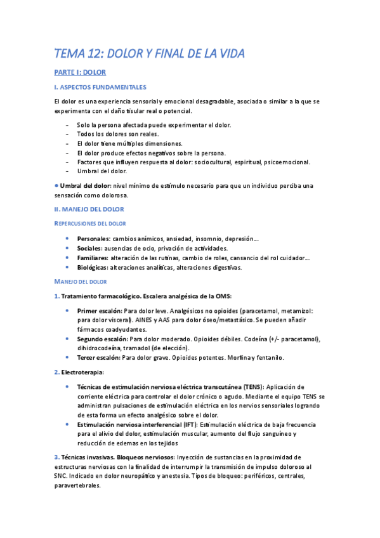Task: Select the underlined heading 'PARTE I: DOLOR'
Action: coord(80,72)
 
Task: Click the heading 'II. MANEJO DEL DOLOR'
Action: coord(89,209)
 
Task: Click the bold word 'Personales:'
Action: coord(94,239)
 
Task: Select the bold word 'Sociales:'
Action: coord(91,248)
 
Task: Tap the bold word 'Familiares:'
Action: coord(93,258)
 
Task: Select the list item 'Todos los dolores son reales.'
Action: coord(117,134)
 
